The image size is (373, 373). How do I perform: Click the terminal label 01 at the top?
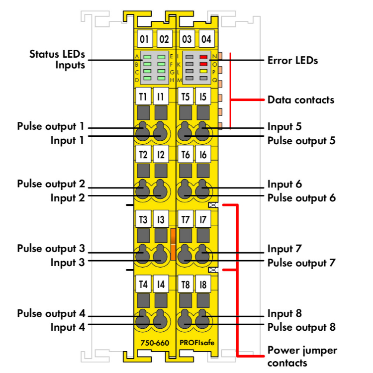pos(144,39)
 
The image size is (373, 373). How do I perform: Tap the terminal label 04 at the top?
pos(206,39)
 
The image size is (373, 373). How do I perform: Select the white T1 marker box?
pos(143,96)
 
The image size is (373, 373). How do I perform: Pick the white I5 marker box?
pos(203,96)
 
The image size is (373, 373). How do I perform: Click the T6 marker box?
pos(186,155)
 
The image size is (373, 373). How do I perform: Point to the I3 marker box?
pos(161,219)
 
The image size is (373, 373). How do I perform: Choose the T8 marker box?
pos(186,285)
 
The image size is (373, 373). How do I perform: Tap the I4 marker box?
pos(161,285)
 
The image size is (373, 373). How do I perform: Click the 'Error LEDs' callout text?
pos(292,61)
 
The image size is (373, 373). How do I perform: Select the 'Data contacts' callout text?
pos(300,99)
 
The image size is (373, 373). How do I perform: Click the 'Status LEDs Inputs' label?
pos(57,59)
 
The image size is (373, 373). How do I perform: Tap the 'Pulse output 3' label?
pos(51,248)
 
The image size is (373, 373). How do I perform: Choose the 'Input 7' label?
pos(284,249)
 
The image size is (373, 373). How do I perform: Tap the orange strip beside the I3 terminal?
pos(173,245)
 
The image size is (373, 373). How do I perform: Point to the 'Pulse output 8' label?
pos(301,327)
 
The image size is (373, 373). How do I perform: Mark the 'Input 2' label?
pos(68,197)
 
